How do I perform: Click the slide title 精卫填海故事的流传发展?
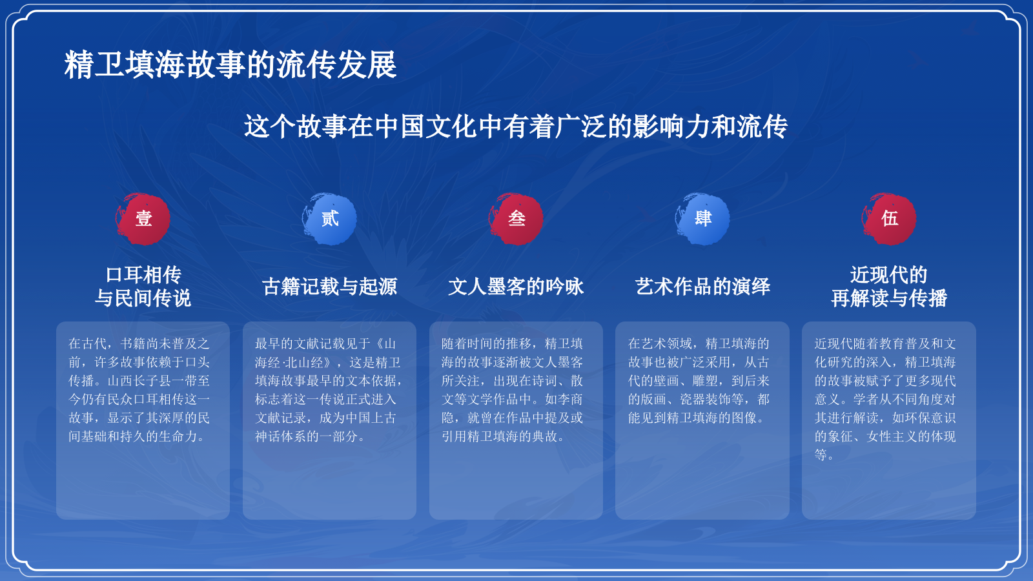[x=230, y=65]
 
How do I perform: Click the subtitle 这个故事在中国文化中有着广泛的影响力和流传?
[x=516, y=127]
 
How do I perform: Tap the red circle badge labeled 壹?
[x=143, y=219]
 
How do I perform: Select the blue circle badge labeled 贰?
[x=330, y=219]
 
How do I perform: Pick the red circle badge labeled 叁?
[x=516, y=219]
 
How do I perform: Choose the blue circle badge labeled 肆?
[x=703, y=219]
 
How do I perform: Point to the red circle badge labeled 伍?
[x=890, y=219]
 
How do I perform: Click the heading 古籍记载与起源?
[x=330, y=287]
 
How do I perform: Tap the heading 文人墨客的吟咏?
[x=516, y=287]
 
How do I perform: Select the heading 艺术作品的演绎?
[x=702, y=287]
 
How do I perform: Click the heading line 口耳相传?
[x=143, y=275]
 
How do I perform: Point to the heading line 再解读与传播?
[x=889, y=298]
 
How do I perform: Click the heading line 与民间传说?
[x=143, y=298]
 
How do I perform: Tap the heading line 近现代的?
[x=889, y=275]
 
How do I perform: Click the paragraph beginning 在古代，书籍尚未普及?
[x=139, y=390]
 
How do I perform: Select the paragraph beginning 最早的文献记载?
[x=329, y=390]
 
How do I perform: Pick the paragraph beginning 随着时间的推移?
[x=513, y=390]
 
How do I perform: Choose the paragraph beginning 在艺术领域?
[x=699, y=381]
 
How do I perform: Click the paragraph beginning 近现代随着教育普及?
[x=886, y=399]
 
